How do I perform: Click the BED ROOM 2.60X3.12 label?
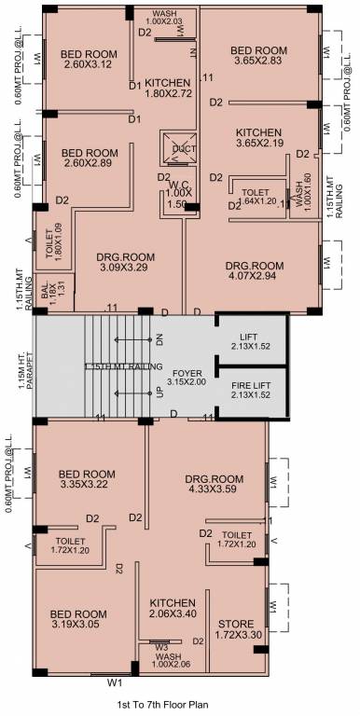[x=89, y=58]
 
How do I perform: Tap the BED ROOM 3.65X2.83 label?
[x=258, y=56]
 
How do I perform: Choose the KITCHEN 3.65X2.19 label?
[x=258, y=138]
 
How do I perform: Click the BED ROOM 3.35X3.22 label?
[x=86, y=478]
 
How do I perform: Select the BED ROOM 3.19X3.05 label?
[x=77, y=620]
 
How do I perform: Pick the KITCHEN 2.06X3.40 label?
[x=172, y=609]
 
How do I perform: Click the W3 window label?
[x=161, y=646]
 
